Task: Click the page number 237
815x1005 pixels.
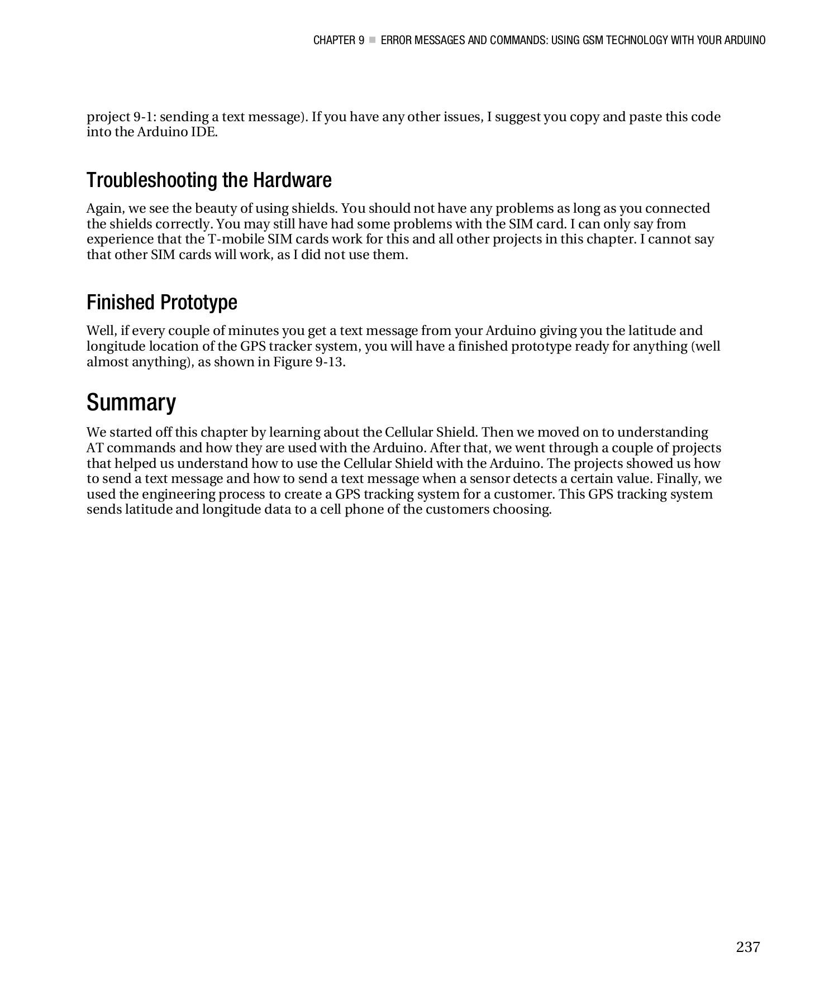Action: click(x=747, y=947)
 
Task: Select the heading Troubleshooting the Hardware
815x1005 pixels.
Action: click(x=209, y=180)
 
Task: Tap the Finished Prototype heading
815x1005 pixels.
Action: click(x=161, y=303)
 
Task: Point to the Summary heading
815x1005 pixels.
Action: click(x=131, y=403)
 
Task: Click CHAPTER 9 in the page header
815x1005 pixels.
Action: click(x=339, y=40)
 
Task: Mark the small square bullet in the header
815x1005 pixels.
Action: click(x=373, y=40)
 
